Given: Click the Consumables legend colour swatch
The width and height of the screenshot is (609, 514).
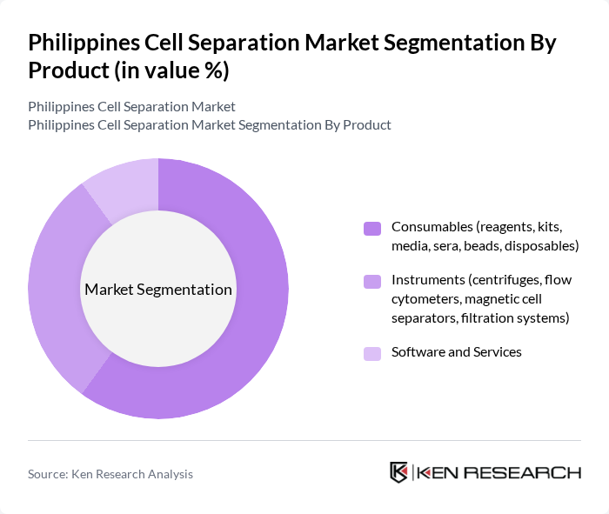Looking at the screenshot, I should pyautogui.click(x=372, y=229).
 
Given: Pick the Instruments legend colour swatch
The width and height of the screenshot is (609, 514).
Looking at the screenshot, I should pyautogui.click(x=372, y=282).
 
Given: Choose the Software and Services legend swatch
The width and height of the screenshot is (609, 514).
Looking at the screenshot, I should pyautogui.click(x=372, y=353).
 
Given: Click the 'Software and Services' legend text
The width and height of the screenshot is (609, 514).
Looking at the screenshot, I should pyautogui.click(x=456, y=352).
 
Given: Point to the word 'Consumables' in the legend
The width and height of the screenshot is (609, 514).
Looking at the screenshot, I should pyautogui.click(x=431, y=227).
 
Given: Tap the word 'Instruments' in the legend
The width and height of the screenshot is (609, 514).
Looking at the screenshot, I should pyautogui.click(x=427, y=280).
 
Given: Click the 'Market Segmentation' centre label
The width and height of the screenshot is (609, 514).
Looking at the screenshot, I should pyautogui.click(x=158, y=290).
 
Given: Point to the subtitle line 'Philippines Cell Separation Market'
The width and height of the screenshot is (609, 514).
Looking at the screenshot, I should pyautogui.click(x=131, y=107).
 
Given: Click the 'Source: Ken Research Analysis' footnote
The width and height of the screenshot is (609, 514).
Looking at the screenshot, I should pyautogui.click(x=110, y=474).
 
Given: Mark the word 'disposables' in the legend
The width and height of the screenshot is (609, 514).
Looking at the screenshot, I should pyautogui.click(x=543, y=246).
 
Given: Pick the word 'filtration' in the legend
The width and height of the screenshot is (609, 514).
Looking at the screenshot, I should pyautogui.click(x=489, y=317).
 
